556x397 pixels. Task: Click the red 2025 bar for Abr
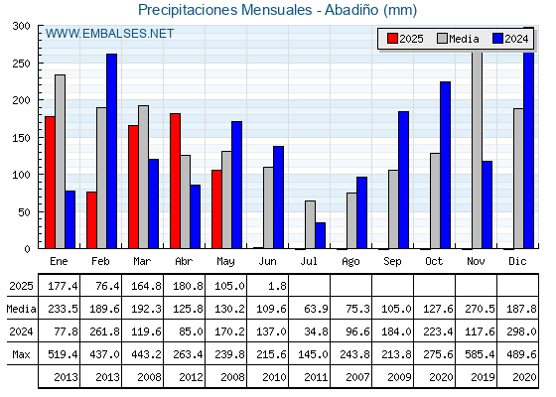[x=175, y=181]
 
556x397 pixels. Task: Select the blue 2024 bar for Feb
[x=112, y=151]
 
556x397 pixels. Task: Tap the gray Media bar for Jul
[x=310, y=224]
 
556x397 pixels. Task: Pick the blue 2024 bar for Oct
[x=446, y=165]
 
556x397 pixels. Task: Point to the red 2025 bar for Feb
[x=91, y=220]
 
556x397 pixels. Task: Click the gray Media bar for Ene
[x=60, y=162]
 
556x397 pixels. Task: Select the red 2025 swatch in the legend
[x=392, y=39]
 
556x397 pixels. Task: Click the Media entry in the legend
[x=458, y=39]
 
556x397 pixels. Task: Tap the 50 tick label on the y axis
[x=24, y=212]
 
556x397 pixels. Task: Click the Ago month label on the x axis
[x=350, y=262]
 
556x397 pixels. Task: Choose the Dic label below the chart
[x=517, y=261]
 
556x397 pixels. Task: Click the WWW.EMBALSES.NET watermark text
[x=109, y=34]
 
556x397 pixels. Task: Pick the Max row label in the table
[x=21, y=354]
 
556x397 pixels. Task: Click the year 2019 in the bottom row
[x=483, y=377]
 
